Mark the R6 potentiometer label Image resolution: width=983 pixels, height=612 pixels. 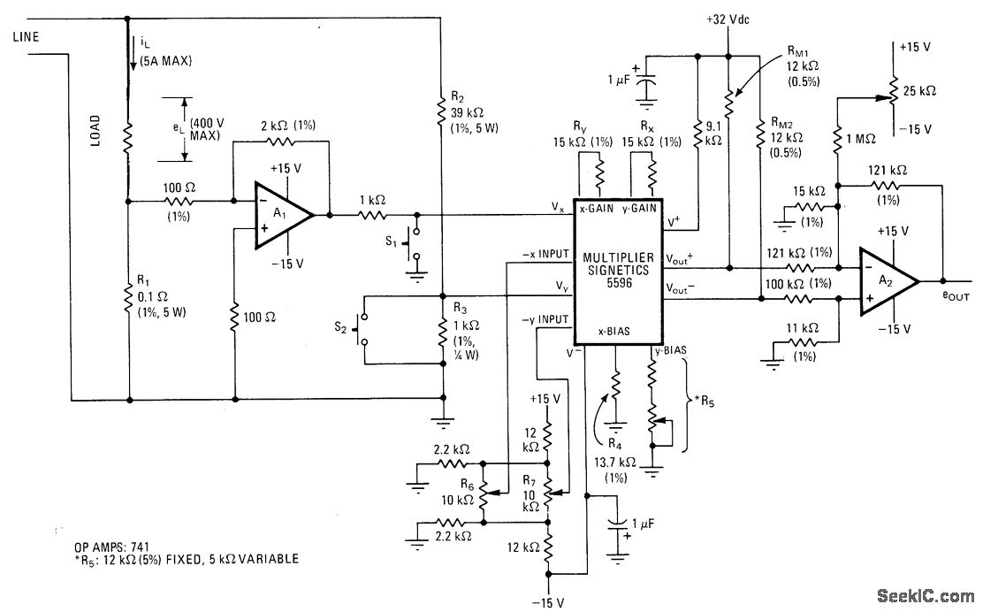[x=468, y=485]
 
